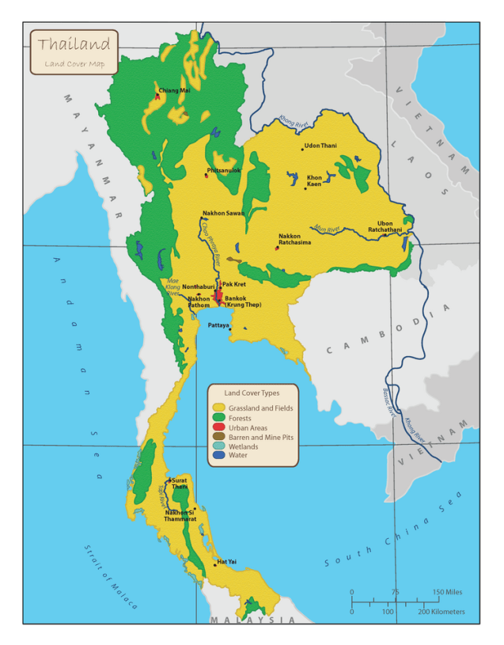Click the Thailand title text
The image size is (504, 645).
pyautogui.click(x=74, y=44)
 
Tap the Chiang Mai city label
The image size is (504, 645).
pyautogui.click(x=174, y=91)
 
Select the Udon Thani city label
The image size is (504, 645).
pyautogui.click(x=320, y=146)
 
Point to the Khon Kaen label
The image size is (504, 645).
pyautogui.click(x=314, y=181)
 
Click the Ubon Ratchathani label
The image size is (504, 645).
pyautogui.click(x=385, y=226)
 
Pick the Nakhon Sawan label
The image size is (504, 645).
pyautogui.click(x=223, y=213)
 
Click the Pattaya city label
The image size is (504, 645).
pyautogui.click(x=218, y=325)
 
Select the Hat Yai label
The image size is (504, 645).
pyautogui.click(x=226, y=562)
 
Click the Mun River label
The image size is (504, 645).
pyautogui.click(x=327, y=229)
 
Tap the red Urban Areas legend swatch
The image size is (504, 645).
pyautogui.click(x=219, y=427)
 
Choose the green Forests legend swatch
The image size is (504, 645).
pyautogui.click(x=219, y=418)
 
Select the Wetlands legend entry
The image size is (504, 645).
pyautogui.click(x=244, y=446)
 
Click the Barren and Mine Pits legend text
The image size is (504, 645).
pyautogui.click(x=260, y=437)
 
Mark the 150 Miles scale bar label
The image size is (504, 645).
pyautogui.click(x=447, y=592)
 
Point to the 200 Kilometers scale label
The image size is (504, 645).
pyautogui.click(x=441, y=612)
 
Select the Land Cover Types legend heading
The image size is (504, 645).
pyautogui.click(x=251, y=393)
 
